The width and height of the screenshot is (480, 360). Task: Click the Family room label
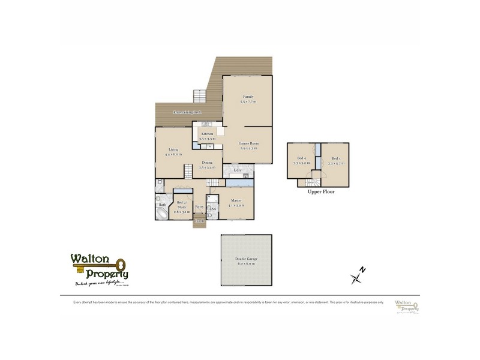click(248, 98)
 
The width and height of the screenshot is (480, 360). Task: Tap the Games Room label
click(248, 145)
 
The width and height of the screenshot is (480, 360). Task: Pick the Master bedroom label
click(236, 202)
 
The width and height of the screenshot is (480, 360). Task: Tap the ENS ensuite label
click(212, 209)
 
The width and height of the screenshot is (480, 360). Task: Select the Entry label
click(200, 206)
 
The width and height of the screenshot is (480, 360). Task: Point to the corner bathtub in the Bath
click(163, 213)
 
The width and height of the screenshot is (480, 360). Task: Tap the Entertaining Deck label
click(187, 113)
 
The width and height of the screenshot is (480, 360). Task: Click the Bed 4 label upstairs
click(301, 160)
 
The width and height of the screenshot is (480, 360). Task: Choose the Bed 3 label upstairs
click(335, 160)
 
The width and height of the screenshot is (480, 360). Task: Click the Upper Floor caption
click(320, 193)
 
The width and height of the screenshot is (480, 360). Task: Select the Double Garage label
click(247, 261)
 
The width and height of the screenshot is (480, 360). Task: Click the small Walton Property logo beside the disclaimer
click(406, 307)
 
